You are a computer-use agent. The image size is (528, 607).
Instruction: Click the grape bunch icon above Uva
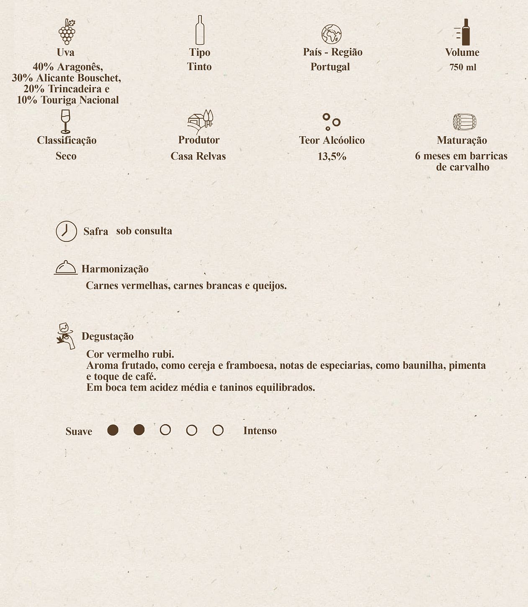click(67, 31)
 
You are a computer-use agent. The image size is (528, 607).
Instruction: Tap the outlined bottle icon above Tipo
click(200, 30)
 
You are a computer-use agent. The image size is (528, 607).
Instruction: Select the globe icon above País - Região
click(331, 34)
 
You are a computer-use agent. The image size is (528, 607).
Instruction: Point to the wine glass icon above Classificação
click(65, 121)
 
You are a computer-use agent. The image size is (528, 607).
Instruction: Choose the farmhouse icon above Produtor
click(200, 121)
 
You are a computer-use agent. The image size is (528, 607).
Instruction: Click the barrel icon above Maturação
click(464, 122)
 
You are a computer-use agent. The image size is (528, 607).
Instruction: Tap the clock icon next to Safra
click(67, 231)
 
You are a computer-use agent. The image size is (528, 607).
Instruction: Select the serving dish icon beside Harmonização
click(66, 267)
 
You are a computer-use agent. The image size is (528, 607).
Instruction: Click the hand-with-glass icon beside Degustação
click(66, 336)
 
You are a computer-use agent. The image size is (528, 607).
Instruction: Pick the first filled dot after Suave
click(113, 430)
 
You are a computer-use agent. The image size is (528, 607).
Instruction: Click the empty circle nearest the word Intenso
click(218, 430)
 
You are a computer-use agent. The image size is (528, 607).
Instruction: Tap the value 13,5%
click(332, 157)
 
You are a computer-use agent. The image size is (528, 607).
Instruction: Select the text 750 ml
click(463, 67)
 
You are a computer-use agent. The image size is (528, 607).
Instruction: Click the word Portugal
click(330, 67)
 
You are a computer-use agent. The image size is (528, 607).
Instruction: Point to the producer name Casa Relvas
click(198, 156)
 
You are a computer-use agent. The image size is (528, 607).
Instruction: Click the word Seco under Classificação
click(66, 156)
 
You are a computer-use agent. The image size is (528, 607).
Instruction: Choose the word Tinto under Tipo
click(199, 67)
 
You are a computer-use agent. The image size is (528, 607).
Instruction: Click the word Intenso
click(260, 431)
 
